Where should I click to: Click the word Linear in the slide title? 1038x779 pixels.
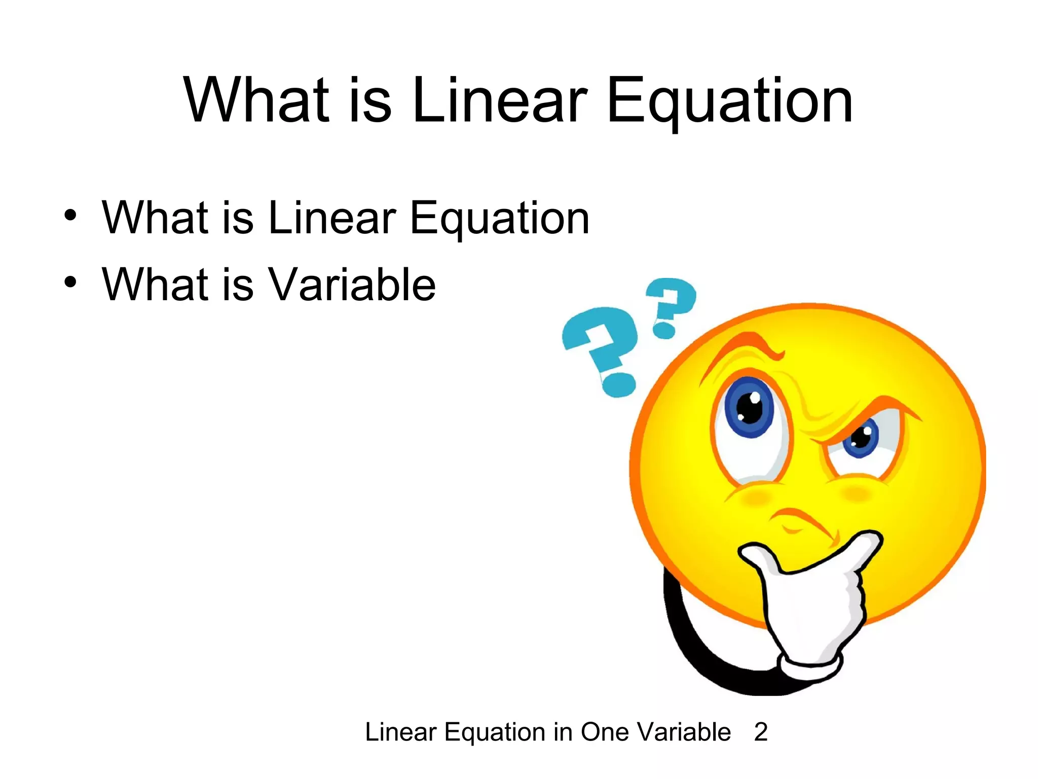click(x=500, y=100)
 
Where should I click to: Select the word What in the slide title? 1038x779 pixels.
click(x=256, y=100)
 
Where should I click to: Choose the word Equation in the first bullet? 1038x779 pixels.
click(x=499, y=219)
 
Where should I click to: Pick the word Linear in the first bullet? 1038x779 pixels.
click(x=331, y=218)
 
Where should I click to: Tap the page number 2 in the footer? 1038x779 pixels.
click(x=761, y=732)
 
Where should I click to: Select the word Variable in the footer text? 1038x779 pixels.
click(x=684, y=732)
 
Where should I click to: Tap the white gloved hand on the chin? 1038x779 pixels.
click(x=811, y=598)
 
